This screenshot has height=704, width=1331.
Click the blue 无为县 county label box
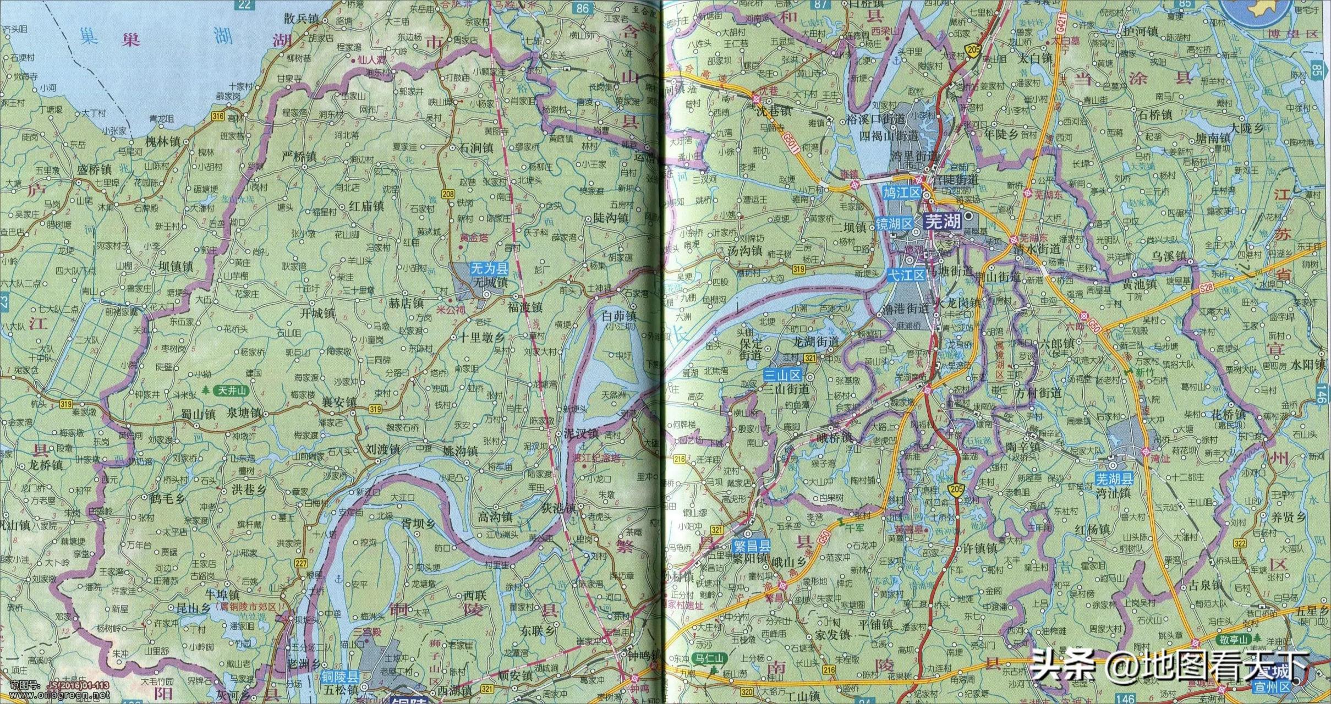[489, 268]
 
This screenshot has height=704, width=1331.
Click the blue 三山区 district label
[783, 376]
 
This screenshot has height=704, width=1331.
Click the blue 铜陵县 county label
[341, 677]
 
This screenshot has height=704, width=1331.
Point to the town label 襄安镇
[339, 402]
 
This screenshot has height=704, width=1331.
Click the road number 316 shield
[218, 116]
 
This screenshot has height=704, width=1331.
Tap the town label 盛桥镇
[95, 170]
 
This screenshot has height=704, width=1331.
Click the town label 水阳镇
[1306, 364]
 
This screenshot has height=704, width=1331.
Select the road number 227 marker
[301, 563]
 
